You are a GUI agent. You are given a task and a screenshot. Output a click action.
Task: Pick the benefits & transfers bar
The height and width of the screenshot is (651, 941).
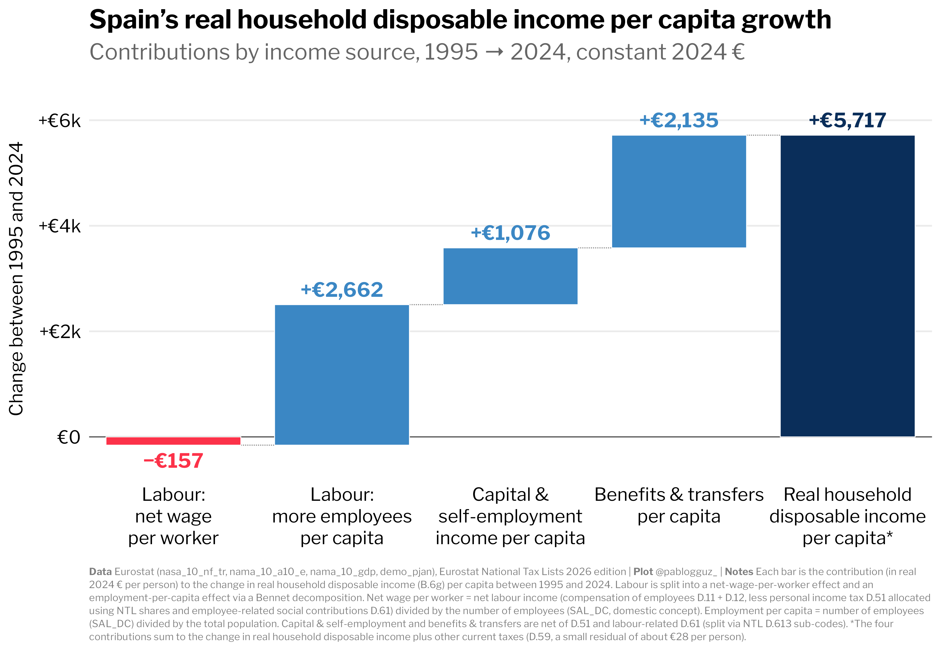point(679,191)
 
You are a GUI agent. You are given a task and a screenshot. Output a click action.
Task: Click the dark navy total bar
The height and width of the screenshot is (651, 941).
point(848,286)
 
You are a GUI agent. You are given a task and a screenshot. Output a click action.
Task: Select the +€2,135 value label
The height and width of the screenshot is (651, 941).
point(679,120)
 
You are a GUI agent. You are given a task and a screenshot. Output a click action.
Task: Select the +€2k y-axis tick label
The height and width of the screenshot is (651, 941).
point(60,332)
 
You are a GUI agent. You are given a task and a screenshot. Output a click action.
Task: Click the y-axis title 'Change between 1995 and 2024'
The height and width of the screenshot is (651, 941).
point(16,279)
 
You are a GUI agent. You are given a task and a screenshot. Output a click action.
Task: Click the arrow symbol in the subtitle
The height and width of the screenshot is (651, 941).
point(494,53)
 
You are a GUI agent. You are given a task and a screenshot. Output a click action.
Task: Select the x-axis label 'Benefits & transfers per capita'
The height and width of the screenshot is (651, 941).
point(679,505)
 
